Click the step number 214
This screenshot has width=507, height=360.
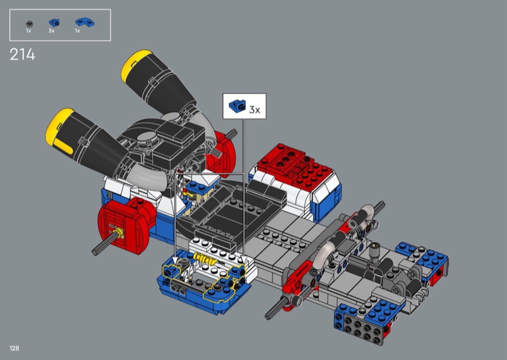(22, 55)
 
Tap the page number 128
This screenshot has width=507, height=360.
(14, 348)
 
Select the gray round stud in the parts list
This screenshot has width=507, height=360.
(29, 23)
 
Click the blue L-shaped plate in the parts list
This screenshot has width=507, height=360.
(85, 22)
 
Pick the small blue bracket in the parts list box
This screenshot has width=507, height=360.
(54, 22)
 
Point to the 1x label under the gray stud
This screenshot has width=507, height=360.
(29, 30)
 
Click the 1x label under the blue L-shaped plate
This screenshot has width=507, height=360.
(77, 30)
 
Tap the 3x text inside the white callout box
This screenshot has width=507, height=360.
(255, 110)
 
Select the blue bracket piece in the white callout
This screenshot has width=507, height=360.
(237, 106)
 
